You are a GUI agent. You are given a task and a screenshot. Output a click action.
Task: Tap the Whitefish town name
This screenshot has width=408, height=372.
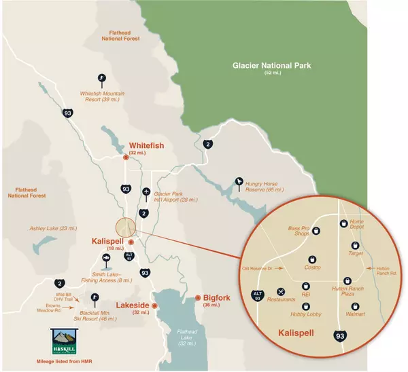click(148, 146)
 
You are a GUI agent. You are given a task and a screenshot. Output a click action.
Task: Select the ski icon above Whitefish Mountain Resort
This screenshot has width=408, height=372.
click(102, 78)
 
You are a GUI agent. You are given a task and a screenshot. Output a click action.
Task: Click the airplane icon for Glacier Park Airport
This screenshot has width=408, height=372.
click(147, 191)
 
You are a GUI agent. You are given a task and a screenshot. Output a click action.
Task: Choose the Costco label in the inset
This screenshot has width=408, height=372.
click(312, 267)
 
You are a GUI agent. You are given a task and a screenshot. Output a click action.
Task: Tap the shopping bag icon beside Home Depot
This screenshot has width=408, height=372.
click(343, 223)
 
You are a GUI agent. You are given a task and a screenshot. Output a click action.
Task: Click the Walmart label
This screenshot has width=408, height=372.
click(356, 314)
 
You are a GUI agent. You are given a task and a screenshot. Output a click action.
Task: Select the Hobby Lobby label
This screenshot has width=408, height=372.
click(305, 314)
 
